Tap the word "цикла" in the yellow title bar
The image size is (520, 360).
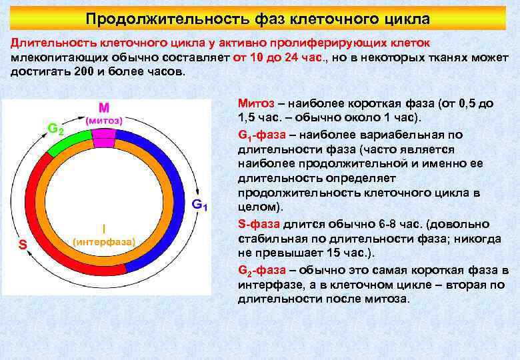[x=406, y=18]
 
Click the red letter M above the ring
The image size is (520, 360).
[x=103, y=107]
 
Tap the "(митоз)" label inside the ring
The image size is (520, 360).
[x=103, y=121]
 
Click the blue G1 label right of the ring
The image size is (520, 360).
[x=200, y=204]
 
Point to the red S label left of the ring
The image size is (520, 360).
[x=22, y=245]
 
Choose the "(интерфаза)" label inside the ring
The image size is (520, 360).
[x=103, y=241]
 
